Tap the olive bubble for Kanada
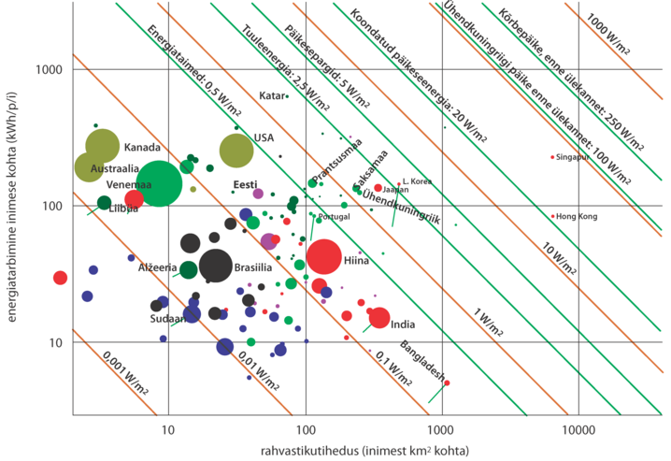pyautogui.click(x=103, y=146)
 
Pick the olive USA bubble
pyautogui.click(x=236, y=150)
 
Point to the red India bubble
pyautogui.click(x=378, y=318)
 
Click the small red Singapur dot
pyautogui.click(x=552, y=157)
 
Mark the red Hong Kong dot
pyautogui.click(x=552, y=216)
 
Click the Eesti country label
pyautogui.click(x=245, y=183)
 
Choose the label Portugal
pyautogui.click(x=334, y=218)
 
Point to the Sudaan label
pyautogui.click(x=165, y=319)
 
